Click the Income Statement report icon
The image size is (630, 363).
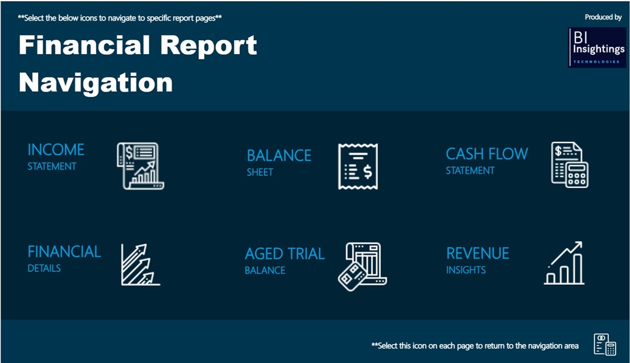coord(141,166)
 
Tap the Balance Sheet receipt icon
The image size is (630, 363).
coord(358,166)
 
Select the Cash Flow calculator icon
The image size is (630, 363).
coord(570,165)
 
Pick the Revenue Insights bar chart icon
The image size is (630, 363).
coord(564,263)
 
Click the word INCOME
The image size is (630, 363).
coord(56,150)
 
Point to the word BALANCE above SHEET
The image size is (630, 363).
coord(279,156)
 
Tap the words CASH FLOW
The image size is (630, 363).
coord(487,154)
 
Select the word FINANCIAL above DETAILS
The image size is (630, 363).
coord(64,252)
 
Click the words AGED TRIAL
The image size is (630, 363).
coord(285,254)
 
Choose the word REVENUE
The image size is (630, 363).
coord(478,253)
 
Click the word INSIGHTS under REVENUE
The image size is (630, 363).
coord(466,270)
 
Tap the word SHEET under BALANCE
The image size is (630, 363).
coord(260,172)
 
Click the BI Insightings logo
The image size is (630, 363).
coord(597,47)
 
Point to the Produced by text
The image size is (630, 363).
coord(603,17)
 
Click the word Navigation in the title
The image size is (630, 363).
coord(96,82)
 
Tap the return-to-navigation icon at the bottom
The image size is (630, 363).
coord(605,345)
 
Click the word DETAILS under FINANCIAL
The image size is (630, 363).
coord(44,268)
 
